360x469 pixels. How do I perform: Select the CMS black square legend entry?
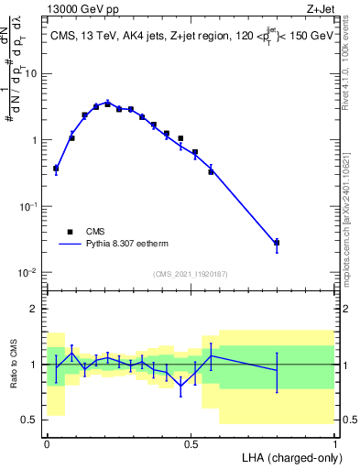coord(70,232)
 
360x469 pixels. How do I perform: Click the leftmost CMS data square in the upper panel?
coord(56,169)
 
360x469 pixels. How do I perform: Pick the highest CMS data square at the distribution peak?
coord(107,104)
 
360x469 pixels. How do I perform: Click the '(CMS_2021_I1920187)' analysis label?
coord(190,274)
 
